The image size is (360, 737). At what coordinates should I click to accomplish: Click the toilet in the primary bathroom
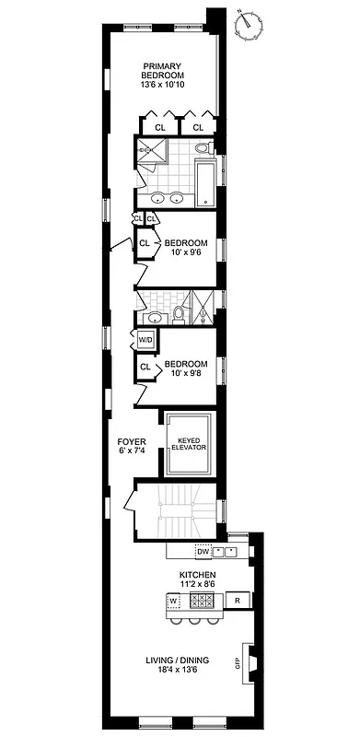coord(208,147)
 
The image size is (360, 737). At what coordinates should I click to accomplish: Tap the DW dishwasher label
coord(203,552)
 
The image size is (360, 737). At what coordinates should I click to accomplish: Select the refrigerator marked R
coord(238,601)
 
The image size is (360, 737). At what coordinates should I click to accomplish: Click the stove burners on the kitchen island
coord(203,601)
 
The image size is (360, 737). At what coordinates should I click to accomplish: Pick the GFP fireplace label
coord(238,663)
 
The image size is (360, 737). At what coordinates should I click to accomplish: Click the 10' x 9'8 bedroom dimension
coord(186,374)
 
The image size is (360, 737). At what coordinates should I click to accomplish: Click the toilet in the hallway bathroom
coord(180,314)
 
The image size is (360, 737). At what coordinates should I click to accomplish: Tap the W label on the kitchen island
coord(172,601)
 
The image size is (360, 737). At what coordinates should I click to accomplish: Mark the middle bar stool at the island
coord(195,621)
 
